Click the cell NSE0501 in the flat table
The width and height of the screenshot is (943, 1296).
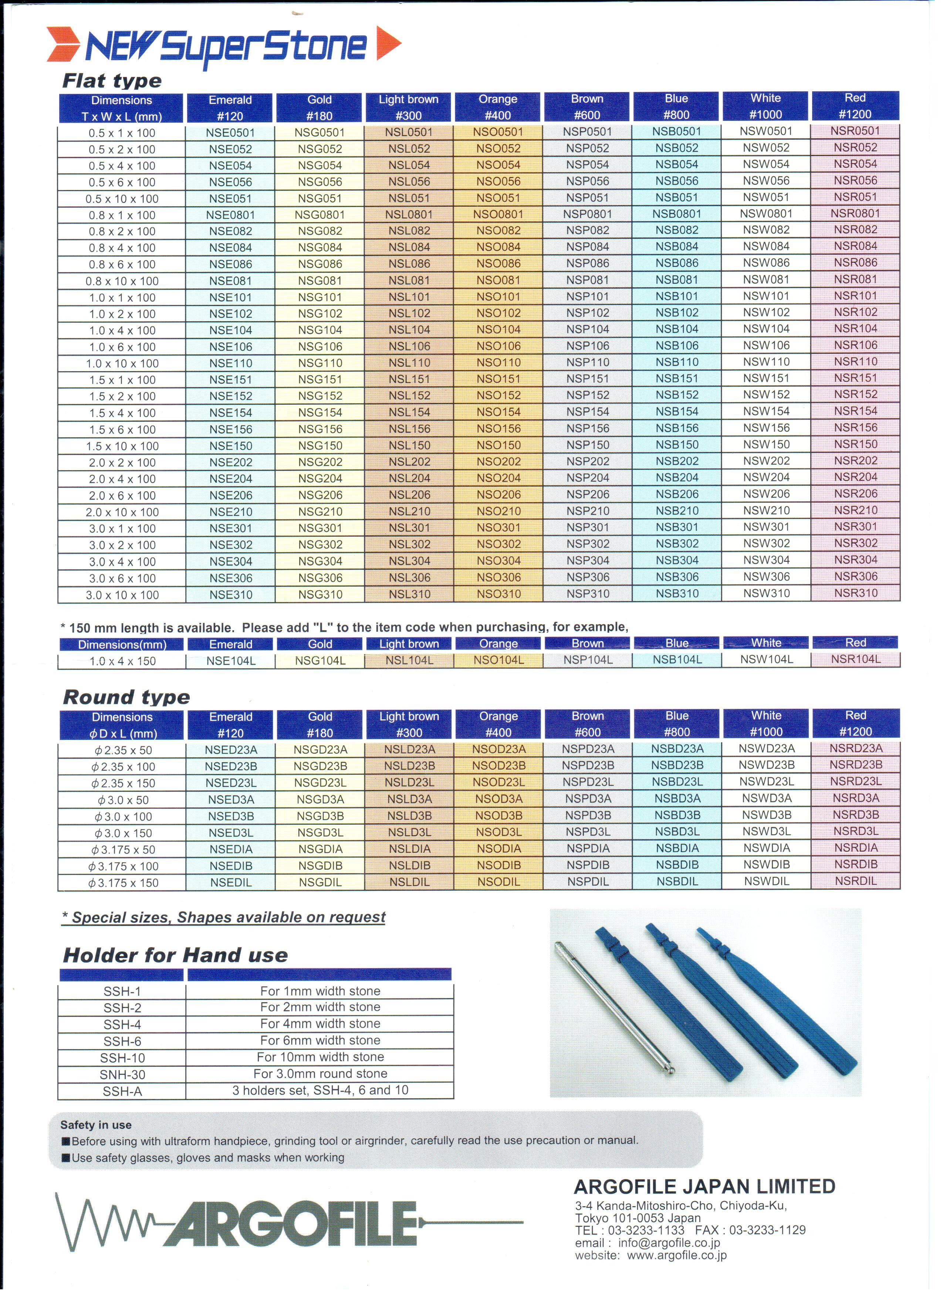coord(230,133)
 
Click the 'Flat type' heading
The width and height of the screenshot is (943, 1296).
coord(112,81)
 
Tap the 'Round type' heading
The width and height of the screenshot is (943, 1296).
coord(126,697)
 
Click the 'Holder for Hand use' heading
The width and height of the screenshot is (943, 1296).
coord(175,956)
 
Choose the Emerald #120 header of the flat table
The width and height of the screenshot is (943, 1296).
coord(230,108)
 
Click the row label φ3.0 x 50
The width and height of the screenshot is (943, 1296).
coord(122,800)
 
